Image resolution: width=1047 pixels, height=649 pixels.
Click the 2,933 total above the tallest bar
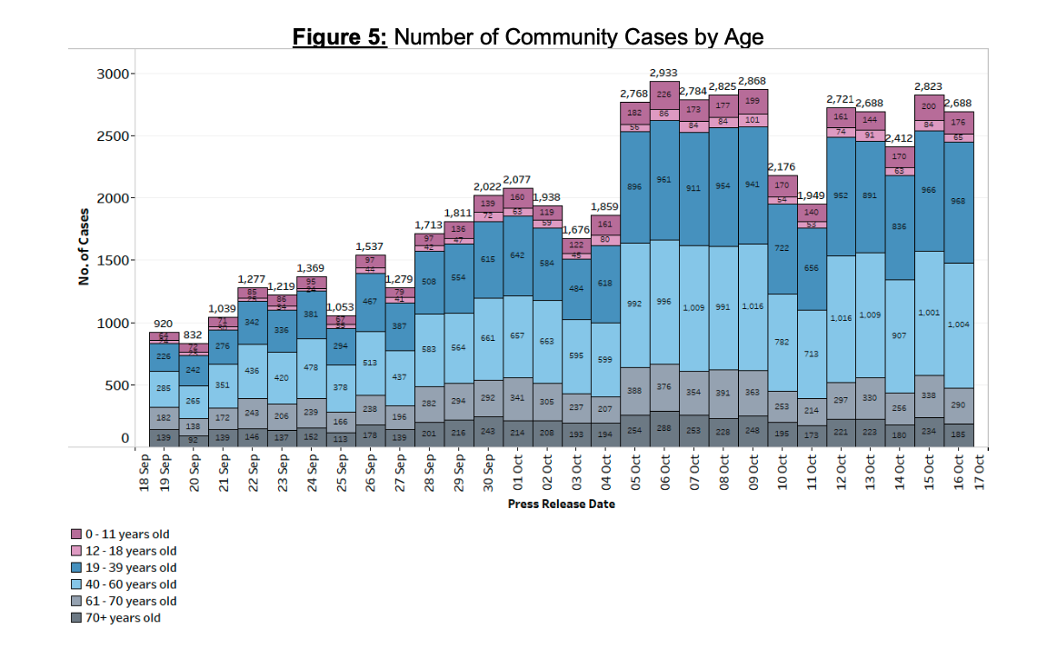[x=663, y=72]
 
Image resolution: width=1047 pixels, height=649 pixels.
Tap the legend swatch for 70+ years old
[x=77, y=618]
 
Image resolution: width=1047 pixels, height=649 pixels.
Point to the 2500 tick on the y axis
[x=114, y=135]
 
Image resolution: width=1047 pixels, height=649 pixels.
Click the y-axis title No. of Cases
[x=84, y=247]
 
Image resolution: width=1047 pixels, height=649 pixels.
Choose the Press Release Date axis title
[x=561, y=504]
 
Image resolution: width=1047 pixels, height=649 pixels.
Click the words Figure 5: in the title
[x=340, y=37]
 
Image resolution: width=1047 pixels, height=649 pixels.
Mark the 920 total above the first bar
[x=163, y=324]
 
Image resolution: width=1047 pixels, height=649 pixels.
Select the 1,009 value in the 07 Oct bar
[x=693, y=307]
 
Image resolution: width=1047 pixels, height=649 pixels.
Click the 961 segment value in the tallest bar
[x=663, y=180]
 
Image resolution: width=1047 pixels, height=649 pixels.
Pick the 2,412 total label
[x=901, y=137]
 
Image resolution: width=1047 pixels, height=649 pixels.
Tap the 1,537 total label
[x=370, y=245]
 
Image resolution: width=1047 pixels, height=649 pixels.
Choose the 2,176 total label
[x=782, y=166]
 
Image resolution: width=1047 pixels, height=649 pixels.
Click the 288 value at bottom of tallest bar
[x=664, y=427]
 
